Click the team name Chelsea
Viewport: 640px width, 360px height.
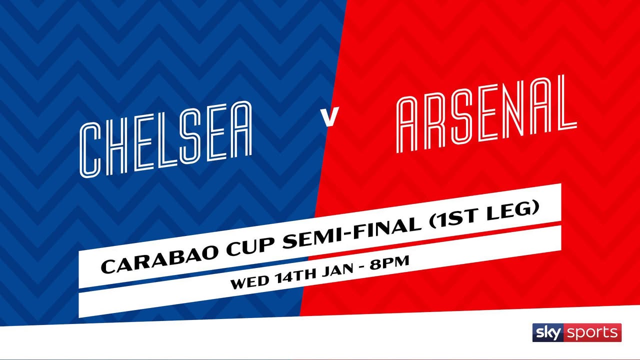165,139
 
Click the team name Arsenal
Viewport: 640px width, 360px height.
486,113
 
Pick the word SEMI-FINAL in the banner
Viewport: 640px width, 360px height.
352,230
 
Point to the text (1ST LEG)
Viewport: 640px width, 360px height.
484,213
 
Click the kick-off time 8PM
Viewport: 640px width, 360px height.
389,262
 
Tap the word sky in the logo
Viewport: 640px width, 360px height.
548,333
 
